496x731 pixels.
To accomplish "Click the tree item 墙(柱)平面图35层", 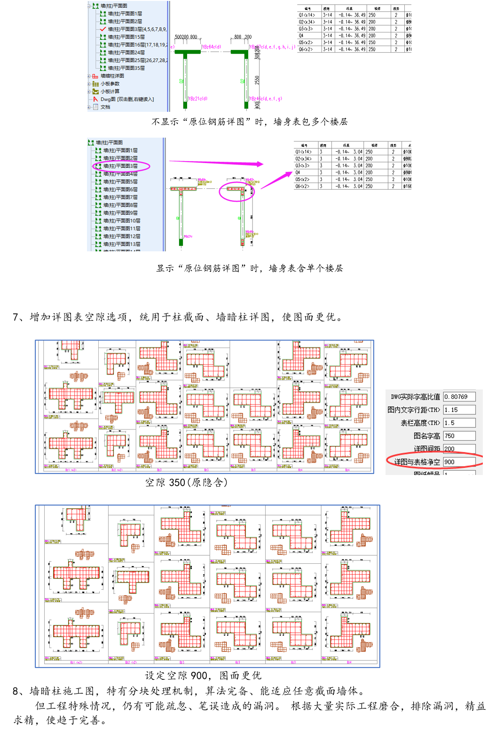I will coord(126,68).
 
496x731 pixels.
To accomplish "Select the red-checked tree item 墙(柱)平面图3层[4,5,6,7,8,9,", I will coord(136,29).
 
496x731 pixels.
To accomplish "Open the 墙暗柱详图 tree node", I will coord(112,76).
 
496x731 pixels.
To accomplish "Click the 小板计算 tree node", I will coord(110,91).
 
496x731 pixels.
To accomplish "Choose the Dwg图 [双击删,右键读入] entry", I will coord(127,99).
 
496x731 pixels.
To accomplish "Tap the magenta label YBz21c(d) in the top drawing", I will coord(198,99).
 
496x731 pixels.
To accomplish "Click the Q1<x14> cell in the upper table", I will coord(305,15).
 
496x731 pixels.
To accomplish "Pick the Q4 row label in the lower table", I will coord(298,172).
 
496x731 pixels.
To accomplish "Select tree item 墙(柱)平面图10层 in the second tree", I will coord(122,220).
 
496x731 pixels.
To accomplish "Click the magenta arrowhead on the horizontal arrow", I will coord(260,164).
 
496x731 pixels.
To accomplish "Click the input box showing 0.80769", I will coord(459,397).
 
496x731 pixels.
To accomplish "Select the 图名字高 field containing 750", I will coord(459,436).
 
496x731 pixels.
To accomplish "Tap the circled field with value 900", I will coord(459,462).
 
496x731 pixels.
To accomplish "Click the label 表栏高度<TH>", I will coord(420,423).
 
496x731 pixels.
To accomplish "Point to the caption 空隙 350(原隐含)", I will coord(186,482).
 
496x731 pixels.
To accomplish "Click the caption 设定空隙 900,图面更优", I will coord(203,676).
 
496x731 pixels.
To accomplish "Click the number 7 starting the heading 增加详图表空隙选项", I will coord(16,318).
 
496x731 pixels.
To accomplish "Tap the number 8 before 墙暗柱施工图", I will coord(16,691).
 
